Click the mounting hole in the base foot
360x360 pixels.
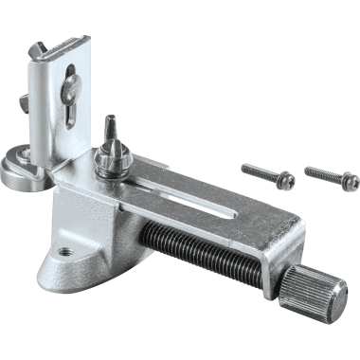coord(65,253)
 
